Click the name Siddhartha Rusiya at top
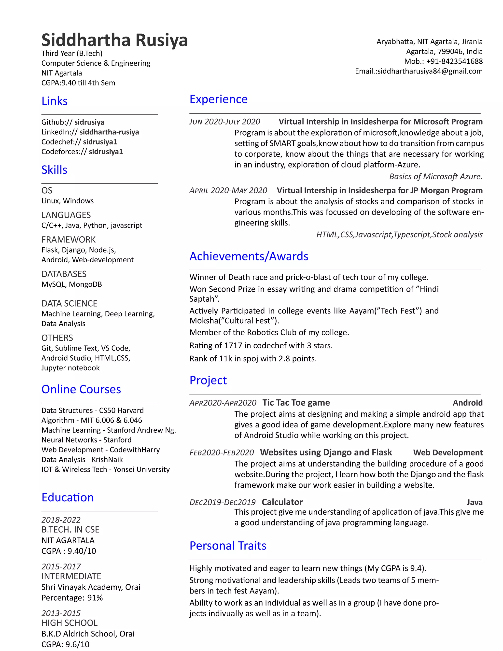click(114, 40)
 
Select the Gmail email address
click(430, 71)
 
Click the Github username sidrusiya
click(89, 122)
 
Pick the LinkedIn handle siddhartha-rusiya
click(109, 132)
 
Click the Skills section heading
click(54, 170)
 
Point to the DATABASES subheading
click(64, 274)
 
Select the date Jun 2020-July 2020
click(225, 122)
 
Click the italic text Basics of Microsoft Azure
click(436, 176)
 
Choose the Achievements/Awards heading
click(249, 256)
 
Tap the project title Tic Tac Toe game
click(296, 403)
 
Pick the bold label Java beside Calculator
click(475, 502)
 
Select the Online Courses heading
click(81, 389)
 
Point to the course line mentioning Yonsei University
click(105, 469)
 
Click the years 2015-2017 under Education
click(61, 566)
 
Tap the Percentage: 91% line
click(72, 598)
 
